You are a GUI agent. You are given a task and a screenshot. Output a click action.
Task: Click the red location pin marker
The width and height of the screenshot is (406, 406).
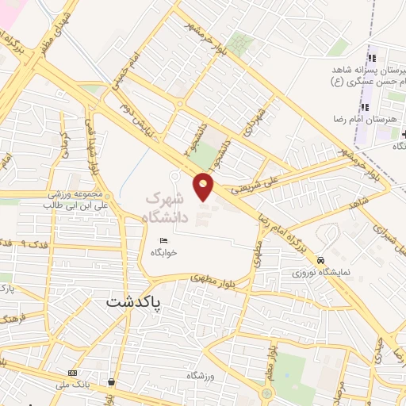(x=205, y=186)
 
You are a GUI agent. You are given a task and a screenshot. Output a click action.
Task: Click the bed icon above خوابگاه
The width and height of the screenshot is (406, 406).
(x=164, y=240)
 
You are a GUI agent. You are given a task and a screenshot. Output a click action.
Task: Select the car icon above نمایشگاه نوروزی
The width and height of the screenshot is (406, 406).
(x=320, y=260)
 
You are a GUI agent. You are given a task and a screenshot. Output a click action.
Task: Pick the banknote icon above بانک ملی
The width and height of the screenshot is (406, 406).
(x=73, y=373)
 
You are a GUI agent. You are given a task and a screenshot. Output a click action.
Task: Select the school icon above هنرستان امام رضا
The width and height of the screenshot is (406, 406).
(x=365, y=107)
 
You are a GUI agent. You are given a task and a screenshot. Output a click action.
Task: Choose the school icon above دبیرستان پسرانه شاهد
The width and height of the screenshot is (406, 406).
(x=370, y=57)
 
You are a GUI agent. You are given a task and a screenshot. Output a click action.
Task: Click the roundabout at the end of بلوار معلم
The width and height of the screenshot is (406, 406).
(x=266, y=393)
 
